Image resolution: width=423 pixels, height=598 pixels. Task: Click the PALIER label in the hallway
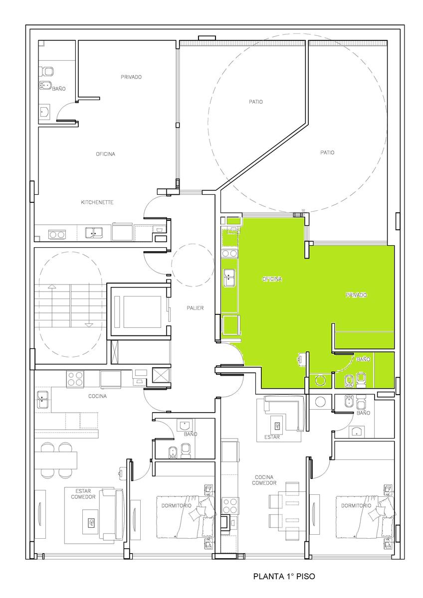(x=195, y=308)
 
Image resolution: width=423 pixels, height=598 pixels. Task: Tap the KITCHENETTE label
(x=97, y=202)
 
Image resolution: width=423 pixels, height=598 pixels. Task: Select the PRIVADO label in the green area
(x=356, y=295)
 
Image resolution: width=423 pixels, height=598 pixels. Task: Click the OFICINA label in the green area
(x=272, y=279)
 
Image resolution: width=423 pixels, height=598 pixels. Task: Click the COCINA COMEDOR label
(x=264, y=480)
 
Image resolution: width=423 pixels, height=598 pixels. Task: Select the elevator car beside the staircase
(x=138, y=311)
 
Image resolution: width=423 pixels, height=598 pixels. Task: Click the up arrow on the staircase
(x=52, y=287)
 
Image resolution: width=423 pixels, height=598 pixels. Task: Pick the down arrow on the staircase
(x=89, y=324)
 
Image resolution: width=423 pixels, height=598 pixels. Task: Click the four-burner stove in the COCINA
(x=75, y=379)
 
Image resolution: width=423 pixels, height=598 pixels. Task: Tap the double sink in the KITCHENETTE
(x=94, y=233)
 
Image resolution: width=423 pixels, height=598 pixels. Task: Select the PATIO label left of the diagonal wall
(x=256, y=102)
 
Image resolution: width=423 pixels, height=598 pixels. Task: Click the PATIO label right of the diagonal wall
(x=327, y=152)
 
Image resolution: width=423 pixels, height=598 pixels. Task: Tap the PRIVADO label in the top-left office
(x=131, y=77)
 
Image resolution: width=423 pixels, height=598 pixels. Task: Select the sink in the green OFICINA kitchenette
(x=229, y=278)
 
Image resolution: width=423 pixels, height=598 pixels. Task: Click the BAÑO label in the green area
(x=364, y=359)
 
